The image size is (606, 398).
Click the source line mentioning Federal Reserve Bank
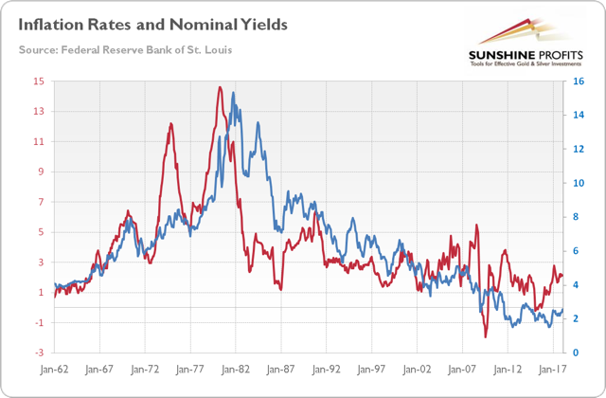coord(124,48)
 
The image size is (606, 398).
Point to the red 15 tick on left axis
coord(39,81)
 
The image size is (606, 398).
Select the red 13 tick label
coord(39,112)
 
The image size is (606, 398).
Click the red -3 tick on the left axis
coord(39,353)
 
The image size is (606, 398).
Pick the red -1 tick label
coord(39,323)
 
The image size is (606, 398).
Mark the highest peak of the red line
coord(220,87)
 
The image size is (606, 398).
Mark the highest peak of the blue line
coord(233,93)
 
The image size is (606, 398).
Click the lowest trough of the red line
coord(486,337)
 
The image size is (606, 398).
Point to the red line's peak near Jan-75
coord(171,124)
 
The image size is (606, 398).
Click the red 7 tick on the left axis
coord(39,203)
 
